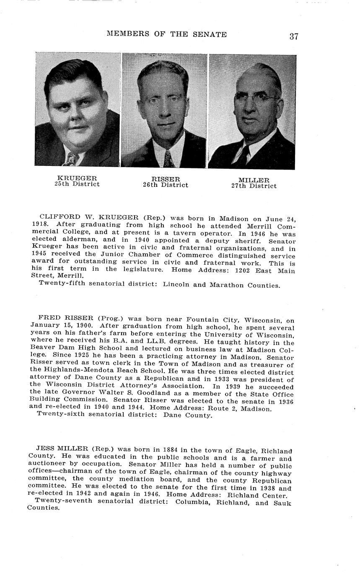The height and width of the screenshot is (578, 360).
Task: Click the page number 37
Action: click(293, 36)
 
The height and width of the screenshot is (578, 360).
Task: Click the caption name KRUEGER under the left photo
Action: click(77, 178)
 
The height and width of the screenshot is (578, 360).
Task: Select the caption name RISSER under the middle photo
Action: click(165, 179)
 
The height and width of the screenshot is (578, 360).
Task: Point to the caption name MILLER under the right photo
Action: click(254, 180)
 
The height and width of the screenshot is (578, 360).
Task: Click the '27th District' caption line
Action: click(254, 186)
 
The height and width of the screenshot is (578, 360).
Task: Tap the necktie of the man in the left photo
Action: click(71, 159)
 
